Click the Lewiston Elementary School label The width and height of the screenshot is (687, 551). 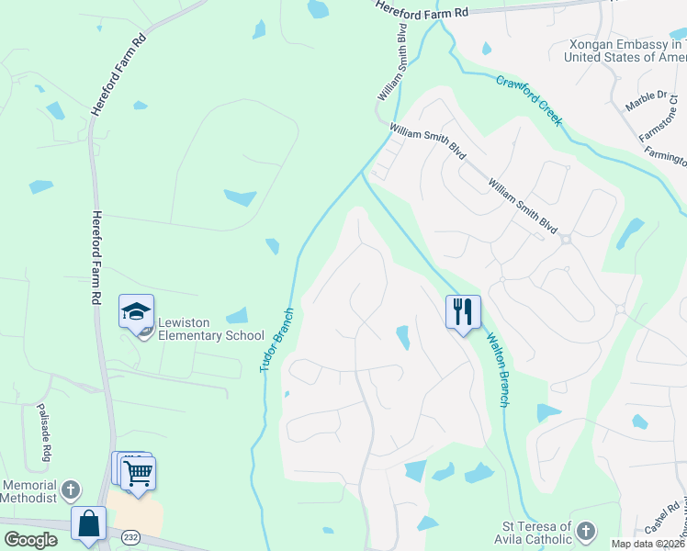210,329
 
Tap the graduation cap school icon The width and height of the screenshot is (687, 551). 136,312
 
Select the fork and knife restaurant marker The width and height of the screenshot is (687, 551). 463,312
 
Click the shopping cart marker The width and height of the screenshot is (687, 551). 138,474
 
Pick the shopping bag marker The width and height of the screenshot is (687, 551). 89,524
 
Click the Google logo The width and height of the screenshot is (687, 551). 29,539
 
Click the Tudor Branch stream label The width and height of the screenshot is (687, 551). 276,339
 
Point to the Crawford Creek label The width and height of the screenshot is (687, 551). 530,101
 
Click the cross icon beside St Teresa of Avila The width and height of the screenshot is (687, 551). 586,531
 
